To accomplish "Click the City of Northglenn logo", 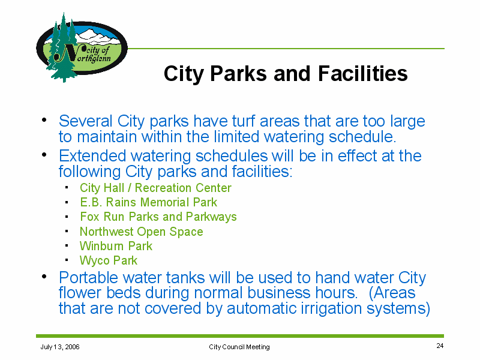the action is pos(82,48).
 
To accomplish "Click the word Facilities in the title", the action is pos(363,73).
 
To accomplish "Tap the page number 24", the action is pos(440,346).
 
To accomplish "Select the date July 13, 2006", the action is pos(60,347).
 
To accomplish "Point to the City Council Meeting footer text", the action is pos(239,347).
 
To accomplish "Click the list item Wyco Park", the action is pos(109,260).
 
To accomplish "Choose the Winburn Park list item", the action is pos(116,246).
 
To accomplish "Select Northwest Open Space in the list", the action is pos(141,232).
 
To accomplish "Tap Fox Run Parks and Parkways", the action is pos(158,217).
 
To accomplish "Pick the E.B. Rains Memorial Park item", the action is pos(148,202).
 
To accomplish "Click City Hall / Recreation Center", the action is pos(155,188).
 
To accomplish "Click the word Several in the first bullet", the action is pos(86,121).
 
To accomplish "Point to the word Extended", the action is pos(92,156).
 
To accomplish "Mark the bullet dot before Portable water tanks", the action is pos(44,277).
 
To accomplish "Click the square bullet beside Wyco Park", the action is pos(67,260).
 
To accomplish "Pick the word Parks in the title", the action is pos(238,73).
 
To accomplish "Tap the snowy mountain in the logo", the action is pos(97,37).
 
